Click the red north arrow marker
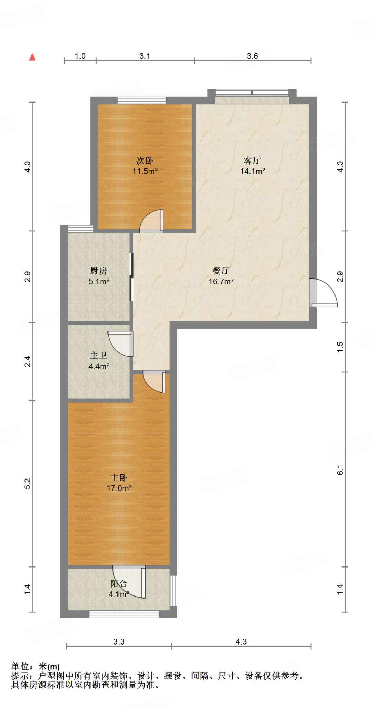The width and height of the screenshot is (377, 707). click(32, 57)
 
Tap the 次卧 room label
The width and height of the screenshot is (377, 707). click(145, 161)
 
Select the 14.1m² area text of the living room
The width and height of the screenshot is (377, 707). click(253, 171)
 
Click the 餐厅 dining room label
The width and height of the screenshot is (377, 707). click(221, 271)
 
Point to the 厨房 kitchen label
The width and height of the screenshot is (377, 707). click(98, 271)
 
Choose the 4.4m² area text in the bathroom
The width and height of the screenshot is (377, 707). click(99, 366)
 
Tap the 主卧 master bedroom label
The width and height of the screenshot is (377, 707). click(119, 477)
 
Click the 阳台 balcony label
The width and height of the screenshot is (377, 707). click(119, 583)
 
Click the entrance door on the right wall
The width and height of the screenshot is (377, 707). click(323, 293)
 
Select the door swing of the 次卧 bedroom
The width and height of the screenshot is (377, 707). click(151, 221)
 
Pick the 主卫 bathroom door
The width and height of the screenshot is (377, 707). click(121, 344)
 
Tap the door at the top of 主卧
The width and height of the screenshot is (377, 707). click(154, 381)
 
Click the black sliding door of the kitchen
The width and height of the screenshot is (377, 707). click(131, 277)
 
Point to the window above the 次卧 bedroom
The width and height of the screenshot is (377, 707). click(142, 100)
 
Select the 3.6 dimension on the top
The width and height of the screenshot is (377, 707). click(253, 56)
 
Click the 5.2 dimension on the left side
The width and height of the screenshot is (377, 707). click(28, 484)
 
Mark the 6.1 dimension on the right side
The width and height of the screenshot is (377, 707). click(340, 470)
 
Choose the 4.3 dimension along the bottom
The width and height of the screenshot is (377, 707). click(241, 641)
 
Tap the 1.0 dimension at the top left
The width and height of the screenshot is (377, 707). click(80, 56)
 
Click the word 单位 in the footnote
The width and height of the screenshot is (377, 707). click(20, 666)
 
